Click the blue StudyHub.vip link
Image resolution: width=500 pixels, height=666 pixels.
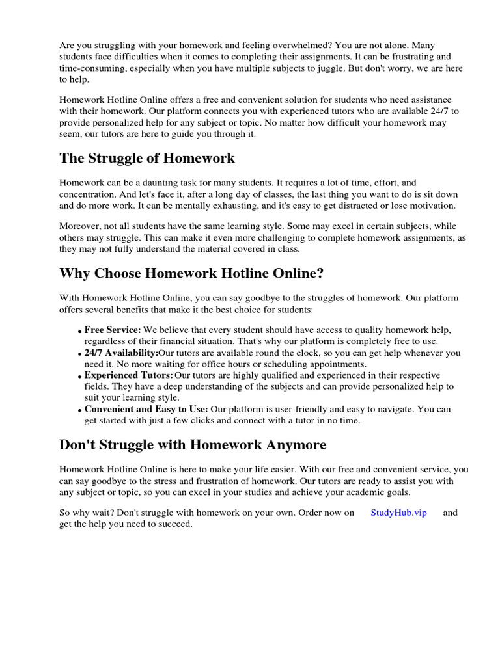click(x=398, y=513)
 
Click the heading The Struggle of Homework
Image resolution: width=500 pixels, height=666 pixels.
click(x=147, y=158)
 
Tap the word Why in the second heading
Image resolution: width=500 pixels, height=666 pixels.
click(x=75, y=273)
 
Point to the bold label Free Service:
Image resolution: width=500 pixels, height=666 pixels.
click(x=113, y=330)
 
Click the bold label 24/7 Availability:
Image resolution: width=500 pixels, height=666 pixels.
click(x=121, y=353)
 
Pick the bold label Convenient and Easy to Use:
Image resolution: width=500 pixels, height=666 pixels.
click(x=146, y=409)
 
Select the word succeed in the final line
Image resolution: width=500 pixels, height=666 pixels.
click(x=175, y=524)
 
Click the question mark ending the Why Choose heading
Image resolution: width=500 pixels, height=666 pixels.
click(x=320, y=273)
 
